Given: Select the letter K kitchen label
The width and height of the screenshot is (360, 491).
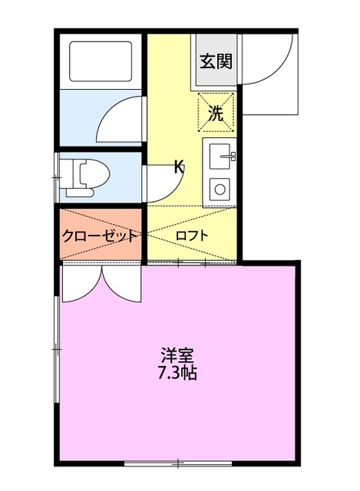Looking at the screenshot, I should (179, 166).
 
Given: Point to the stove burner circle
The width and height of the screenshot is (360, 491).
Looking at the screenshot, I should (220, 189).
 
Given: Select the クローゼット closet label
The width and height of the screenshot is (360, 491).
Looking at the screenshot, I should (100, 236).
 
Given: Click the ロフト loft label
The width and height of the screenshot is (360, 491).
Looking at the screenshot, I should (191, 236).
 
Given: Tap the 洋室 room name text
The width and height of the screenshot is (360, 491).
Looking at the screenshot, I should (177, 356).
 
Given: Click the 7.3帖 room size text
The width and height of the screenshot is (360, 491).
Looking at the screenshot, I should (177, 375).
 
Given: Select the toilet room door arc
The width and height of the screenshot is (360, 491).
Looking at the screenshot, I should (157, 180).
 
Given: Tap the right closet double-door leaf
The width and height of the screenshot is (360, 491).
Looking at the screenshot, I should (122, 284).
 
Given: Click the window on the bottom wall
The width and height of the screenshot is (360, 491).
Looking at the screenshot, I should (178, 463).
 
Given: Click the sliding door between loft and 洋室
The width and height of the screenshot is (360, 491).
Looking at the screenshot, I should (191, 262).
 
